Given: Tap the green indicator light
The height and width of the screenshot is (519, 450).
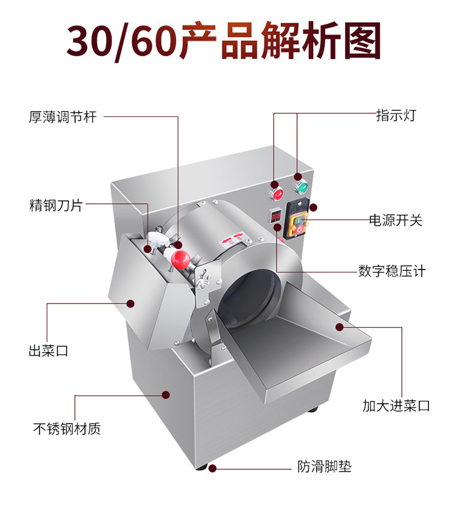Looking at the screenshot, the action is [x=302, y=188].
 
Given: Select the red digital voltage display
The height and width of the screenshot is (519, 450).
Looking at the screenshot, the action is [x=277, y=215].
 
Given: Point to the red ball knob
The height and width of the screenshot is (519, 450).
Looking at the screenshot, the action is [x=180, y=259].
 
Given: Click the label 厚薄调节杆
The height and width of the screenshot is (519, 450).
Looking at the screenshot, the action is [x=62, y=116].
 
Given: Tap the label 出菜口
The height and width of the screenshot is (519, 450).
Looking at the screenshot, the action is [x=49, y=350].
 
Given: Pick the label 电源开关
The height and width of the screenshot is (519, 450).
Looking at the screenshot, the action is [x=396, y=220].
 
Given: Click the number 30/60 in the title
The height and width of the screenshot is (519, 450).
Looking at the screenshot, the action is [x=122, y=41].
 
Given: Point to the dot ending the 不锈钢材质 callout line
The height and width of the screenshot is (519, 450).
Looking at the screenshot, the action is [x=166, y=395].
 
